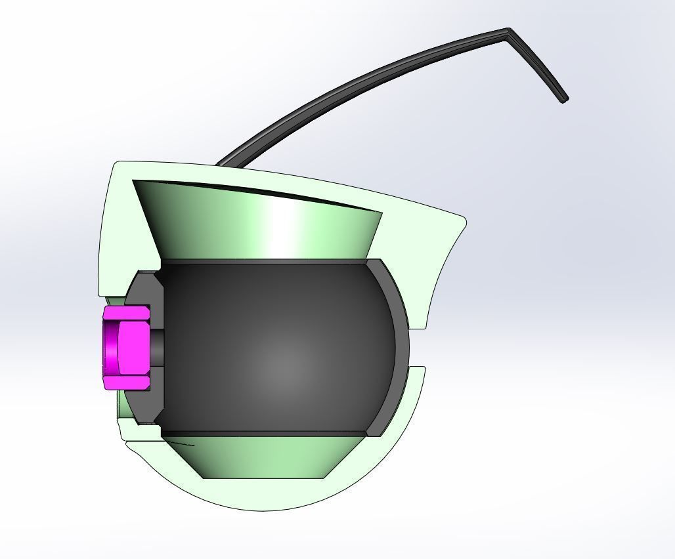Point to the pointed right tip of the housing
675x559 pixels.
tap(464, 220)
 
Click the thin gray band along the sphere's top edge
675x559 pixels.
tap(263, 262)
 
